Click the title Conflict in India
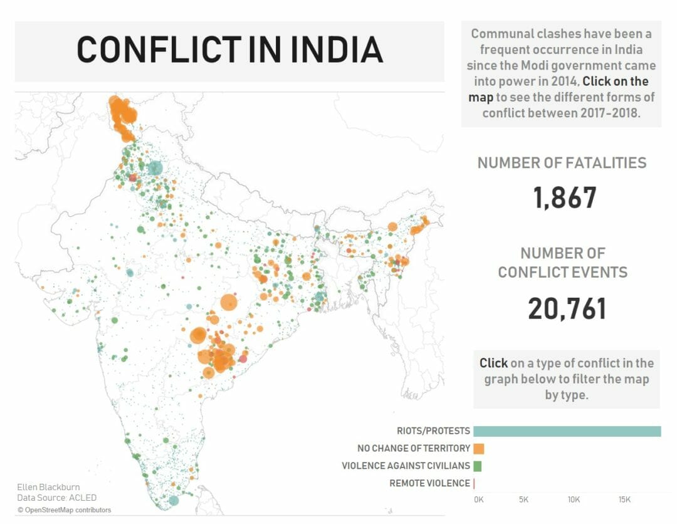pyautogui.click(x=229, y=50)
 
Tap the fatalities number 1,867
pyautogui.click(x=565, y=198)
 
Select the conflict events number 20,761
pyautogui.click(x=567, y=309)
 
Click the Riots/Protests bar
pyautogui.click(x=567, y=431)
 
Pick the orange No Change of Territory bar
pyautogui.click(x=479, y=449)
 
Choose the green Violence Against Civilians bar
pyautogui.click(x=477, y=466)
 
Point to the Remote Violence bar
pyautogui.click(x=474, y=483)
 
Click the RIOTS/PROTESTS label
pyautogui.click(x=433, y=431)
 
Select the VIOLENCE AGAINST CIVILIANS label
pyautogui.click(x=406, y=466)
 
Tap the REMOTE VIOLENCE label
pyautogui.click(x=429, y=483)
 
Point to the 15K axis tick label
pyautogui.click(x=624, y=500)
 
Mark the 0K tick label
pyautogui.click(x=478, y=500)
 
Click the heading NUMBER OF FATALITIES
pyautogui.click(x=562, y=163)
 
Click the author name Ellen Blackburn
pyautogui.click(x=48, y=487)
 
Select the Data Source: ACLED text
pyautogui.click(x=56, y=498)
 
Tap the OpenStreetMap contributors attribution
pyautogui.click(x=64, y=510)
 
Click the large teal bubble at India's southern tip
pyautogui.click(x=174, y=500)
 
